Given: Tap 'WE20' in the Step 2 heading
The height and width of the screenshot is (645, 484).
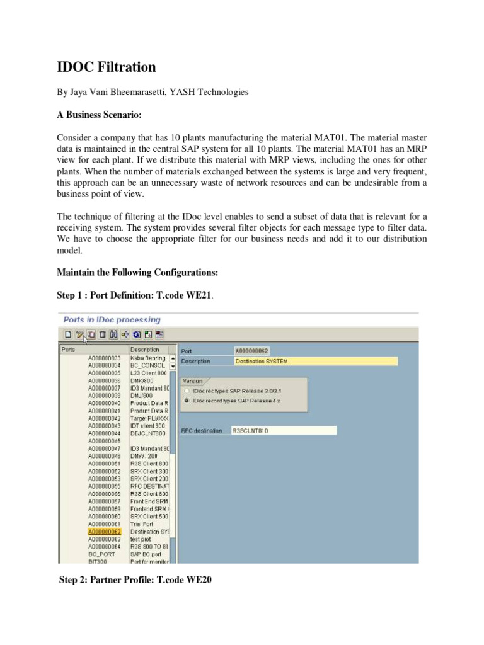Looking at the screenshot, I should [x=197, y=581].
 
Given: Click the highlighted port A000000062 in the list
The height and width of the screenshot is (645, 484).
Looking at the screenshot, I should [x=104, y=532].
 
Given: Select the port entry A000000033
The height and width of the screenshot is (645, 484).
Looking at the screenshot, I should [x=104, y=358].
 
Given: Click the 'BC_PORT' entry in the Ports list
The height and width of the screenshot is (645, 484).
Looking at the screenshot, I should [x=101, y=554].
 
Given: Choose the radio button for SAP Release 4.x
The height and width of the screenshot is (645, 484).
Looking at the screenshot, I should [x=186, y=400].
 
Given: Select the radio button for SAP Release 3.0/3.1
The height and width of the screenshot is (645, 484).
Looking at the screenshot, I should [x=186, y=391].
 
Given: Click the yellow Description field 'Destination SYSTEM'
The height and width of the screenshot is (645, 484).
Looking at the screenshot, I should [x=315, y=361].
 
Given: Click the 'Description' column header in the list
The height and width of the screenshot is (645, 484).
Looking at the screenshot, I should [x=144, y=350].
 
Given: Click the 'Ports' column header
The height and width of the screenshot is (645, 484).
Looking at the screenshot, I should [x=68, y=350].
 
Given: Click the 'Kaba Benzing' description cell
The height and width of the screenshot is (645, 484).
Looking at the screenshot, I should [x=147, y=358].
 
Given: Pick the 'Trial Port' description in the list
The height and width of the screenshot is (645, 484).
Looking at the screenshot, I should [x=142, y=524].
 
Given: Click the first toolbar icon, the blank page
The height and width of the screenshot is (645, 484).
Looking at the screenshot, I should [x=67, y=334].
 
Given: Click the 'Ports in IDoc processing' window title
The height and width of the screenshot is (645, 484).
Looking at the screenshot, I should [x=112, y=320].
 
